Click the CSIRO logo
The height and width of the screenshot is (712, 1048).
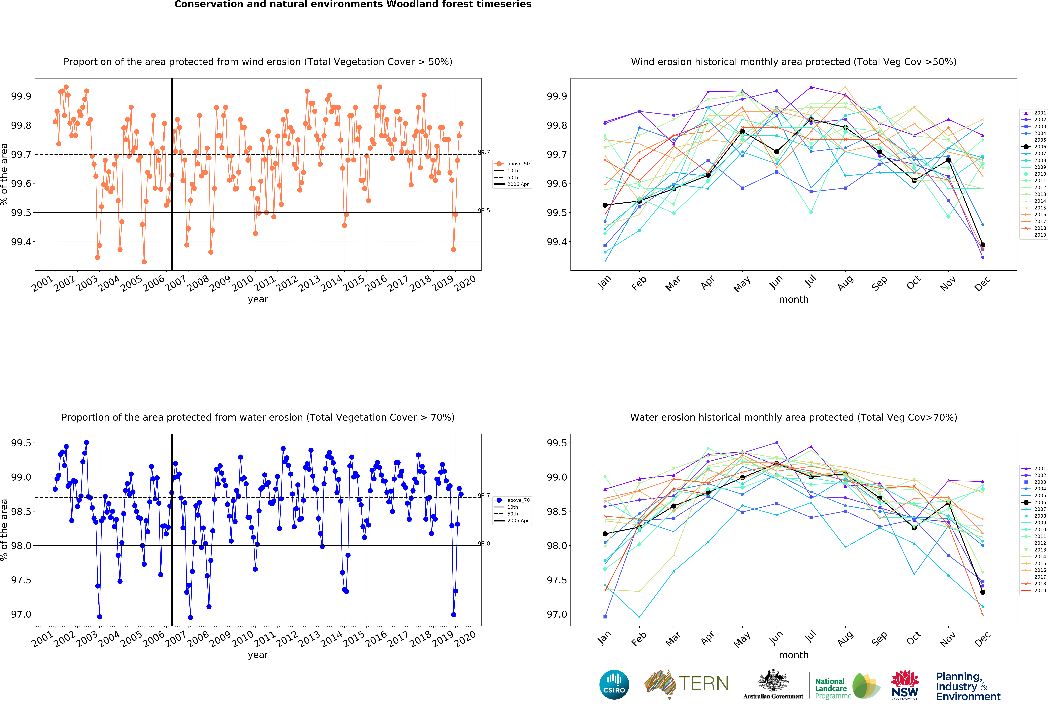[x=614, y=684]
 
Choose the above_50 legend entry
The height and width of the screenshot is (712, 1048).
[x=512, y=164]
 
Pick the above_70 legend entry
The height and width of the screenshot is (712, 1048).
[x=512, y=500]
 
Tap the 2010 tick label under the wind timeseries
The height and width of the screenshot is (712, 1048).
[x=243, y=284]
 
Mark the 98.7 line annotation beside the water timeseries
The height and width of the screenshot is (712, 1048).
[x=484, y=496]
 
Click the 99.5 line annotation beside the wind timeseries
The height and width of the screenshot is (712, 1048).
[x=484, y=211]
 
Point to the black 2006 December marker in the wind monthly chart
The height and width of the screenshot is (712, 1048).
[x=983, y=245]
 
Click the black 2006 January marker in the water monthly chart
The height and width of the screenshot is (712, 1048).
[x=605, y=534]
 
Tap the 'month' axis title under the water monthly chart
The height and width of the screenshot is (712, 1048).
[x=794, y=655]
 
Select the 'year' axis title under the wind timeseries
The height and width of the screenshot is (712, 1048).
[x=258, y=299]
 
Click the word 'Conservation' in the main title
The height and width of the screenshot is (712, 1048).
[x=207, y=4]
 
